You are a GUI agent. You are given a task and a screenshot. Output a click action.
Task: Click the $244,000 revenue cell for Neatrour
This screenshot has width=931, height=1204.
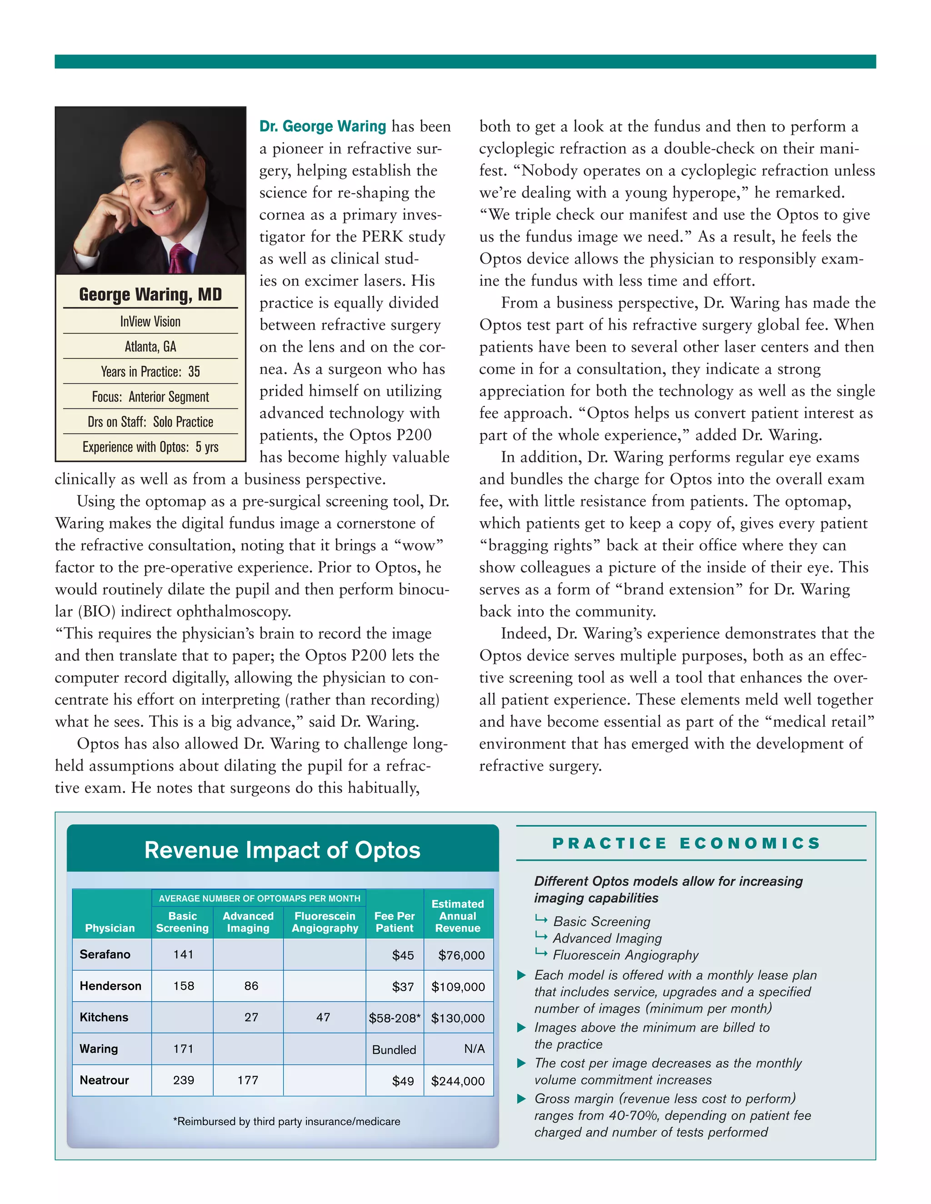pyautogui.click(x=458, y=1081)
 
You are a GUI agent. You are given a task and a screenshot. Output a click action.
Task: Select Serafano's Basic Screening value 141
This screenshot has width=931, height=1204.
pyautogui.click(x=183, y=954)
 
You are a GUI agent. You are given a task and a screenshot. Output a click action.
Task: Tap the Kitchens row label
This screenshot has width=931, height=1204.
pyautogui.click(x=104, y=1017)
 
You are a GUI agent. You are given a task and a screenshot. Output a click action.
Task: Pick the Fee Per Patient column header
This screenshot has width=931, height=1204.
pyautogui.click(x=394, y=922)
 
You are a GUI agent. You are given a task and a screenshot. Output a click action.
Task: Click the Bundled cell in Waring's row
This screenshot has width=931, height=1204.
pyautogui.click(x=394, y=1050)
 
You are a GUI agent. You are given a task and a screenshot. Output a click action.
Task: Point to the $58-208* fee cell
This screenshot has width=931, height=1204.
pyautogui.click(x=394, y=1018)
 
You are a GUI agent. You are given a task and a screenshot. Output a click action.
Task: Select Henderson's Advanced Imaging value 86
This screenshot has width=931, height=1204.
pyautogui.click(x=251, y=986)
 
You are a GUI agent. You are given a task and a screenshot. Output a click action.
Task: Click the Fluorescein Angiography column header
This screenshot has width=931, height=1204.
pyautogui.click(x=325, y=922)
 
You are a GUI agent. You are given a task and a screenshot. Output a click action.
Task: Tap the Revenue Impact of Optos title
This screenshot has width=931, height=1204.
pyautogui.click(x=282, y=850)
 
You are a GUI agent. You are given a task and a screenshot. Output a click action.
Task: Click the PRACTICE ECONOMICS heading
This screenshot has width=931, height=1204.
pyautogui.click(x=687, y=843)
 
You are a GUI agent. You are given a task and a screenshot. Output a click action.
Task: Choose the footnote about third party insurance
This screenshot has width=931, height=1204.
pyautogui.click(x=286, y=1121)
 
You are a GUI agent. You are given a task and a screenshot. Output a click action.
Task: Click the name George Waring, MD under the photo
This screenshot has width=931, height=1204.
pyautogui.click(x=150, y=294)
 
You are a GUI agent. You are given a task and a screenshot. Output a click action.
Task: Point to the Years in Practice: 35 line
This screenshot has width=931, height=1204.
pyautogui.click(x=150, y=372)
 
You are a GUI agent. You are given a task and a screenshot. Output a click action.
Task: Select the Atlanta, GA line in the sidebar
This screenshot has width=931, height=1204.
pyautogui.click(x=150, y=346)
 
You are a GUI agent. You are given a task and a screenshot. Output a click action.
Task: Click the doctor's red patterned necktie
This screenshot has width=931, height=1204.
pyautogui.click(x=179, y=259)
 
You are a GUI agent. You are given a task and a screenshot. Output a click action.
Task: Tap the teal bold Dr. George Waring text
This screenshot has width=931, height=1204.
pyautogui.click(x=323, y=126)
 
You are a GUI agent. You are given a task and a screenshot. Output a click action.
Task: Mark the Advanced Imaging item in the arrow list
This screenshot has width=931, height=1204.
pyautogui.click(x=607, y=938)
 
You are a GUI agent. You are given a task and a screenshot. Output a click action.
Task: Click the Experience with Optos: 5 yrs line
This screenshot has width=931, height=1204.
pyautogui.click(x=150, y=447)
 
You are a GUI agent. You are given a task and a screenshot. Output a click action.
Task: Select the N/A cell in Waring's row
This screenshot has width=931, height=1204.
pyautogui.click(x=474, y=1049)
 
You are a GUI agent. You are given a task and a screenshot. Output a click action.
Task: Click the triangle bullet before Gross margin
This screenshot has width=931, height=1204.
pyautogui.click(x=521, y=1099)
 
